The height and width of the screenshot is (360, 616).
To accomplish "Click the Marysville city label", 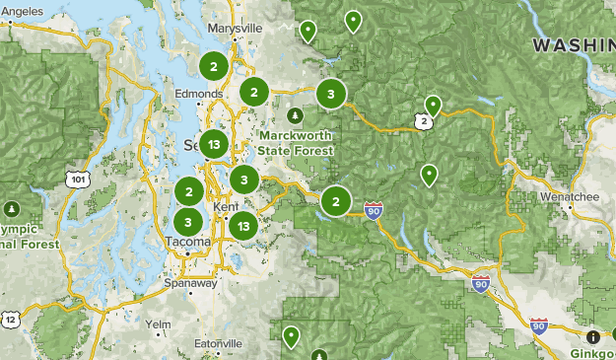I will coord(237,29).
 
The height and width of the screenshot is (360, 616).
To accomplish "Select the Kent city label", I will coord(224,205).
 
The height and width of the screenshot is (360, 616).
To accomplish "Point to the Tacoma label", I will coord(187,242).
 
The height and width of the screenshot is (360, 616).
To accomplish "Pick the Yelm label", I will coord(157,324).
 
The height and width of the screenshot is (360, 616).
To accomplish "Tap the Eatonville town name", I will coord(218,342).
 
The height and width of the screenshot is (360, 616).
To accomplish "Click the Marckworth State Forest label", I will coord(294,142).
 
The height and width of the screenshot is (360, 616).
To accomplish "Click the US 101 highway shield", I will coord(76,179).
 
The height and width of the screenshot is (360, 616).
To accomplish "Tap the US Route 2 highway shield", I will coord(423,121).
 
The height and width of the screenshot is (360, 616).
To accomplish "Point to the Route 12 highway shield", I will coord(10,319).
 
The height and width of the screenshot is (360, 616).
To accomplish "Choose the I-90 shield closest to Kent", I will coord(373,210).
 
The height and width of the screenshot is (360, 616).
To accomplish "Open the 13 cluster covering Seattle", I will coord(214,145).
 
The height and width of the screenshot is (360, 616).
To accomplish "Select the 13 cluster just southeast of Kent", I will coord(243,225).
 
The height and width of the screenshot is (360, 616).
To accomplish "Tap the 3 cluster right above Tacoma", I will coord(188,222).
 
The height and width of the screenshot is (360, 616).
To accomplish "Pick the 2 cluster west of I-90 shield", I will coord(336,201).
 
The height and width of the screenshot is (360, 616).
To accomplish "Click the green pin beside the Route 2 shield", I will coord(433,105).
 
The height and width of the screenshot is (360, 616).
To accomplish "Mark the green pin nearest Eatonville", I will coord(291,336).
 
